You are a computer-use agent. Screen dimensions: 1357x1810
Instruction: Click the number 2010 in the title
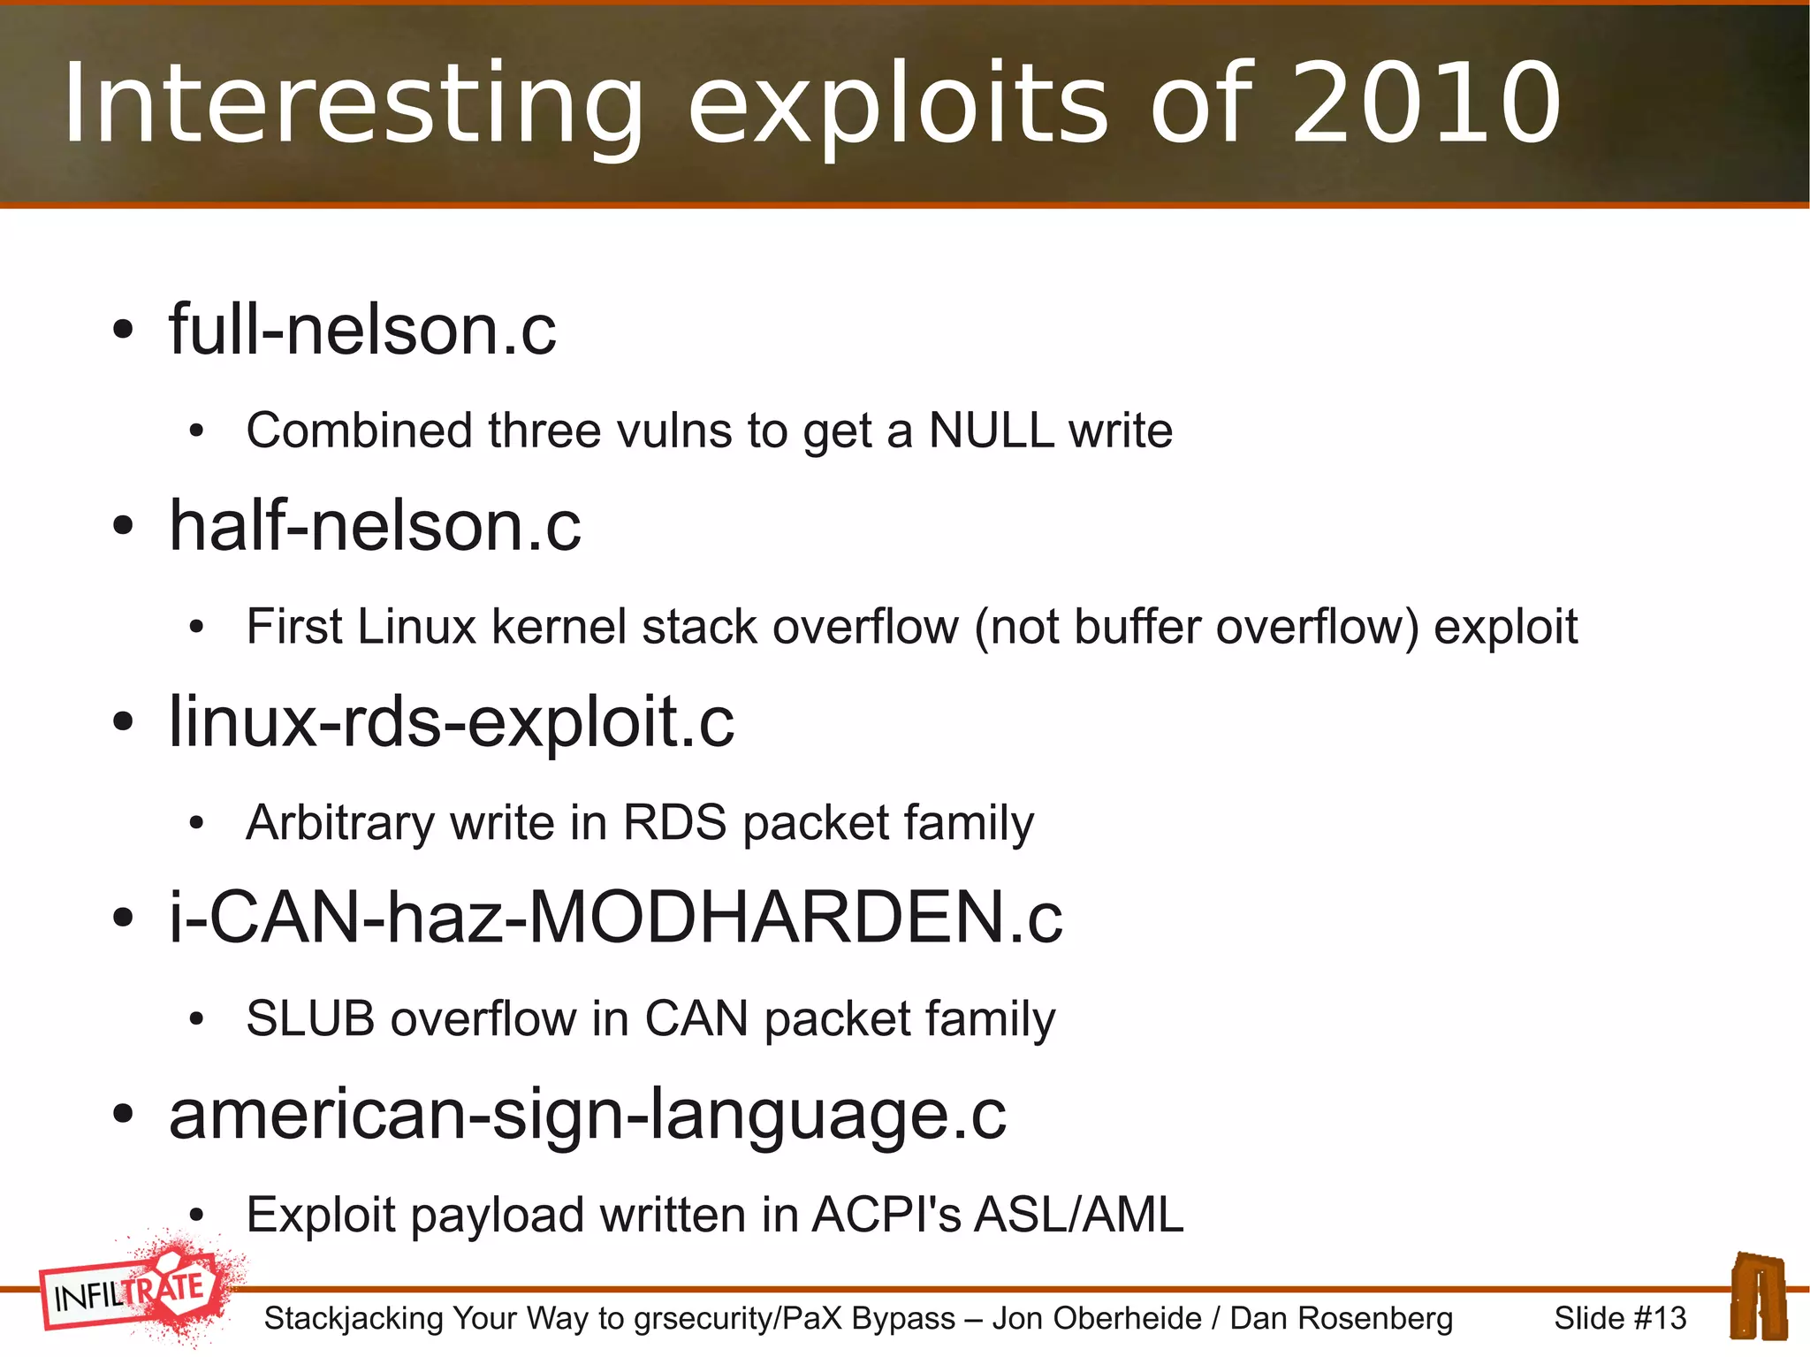pyautogui.click(x=1426, y=103)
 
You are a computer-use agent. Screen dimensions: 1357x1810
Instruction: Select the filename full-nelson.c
pyautogui.click(x=362, y=330)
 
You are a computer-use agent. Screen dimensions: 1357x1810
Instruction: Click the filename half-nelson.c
pyautogui.click(x=375, y=526)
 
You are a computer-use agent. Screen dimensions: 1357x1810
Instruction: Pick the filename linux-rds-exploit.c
pyautogui.click(x=451, y=722)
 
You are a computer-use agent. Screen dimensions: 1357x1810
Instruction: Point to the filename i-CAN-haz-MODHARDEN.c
pyautogui.click(x=615, y=918)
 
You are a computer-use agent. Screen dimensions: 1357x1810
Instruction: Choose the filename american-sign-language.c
pyautogui.click(x=587, y=1115)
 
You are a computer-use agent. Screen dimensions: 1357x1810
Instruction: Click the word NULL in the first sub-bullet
pyautogui.click(x=991, y=431)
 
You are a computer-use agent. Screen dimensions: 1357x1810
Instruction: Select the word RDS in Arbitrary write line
pyautogui.click(x=675, y=823)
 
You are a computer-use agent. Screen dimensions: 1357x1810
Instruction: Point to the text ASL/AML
pyautogui.click(x=1078, y=1216)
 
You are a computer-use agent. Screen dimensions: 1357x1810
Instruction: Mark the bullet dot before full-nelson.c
pyautogui.click(x=123, y=331)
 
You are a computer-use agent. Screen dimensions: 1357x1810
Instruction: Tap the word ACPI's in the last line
pyautogui.click(x=886, y=1216)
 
